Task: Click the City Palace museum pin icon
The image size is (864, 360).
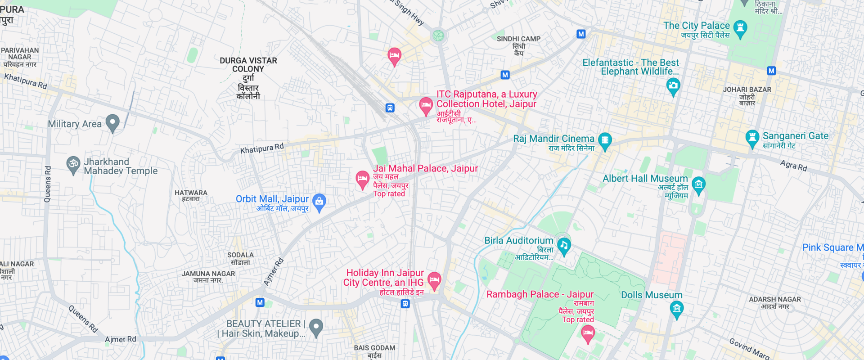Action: [x=740, y=29]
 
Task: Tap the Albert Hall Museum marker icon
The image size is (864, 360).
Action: [x=698, y=184]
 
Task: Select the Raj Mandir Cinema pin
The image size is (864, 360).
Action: [x=605, y=140]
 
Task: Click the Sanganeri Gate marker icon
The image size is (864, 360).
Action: [x=752, y=138]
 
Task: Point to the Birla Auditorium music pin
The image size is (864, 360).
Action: [x=564, y=245]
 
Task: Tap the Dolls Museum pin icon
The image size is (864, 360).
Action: [x=676, y=309]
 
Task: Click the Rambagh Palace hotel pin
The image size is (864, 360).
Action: [x=588, y=333]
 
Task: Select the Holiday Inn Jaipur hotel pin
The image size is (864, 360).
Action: [x=434, y=280]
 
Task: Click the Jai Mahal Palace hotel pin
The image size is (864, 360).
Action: [x=362, y=179]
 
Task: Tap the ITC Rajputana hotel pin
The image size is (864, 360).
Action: [x=426, y=105]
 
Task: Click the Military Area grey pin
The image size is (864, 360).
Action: [x=112, y=122]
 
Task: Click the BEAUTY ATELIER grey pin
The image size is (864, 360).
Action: [x=316, y=327]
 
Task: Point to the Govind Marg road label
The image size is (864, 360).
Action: [x=749, y=348]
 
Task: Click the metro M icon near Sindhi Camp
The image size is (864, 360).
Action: [x=505, y=75]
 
